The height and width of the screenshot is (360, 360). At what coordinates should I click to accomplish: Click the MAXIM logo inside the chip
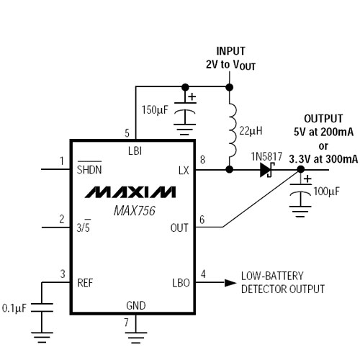tap(130, 192)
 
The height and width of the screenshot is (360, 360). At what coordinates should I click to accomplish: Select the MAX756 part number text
tap(135, 211)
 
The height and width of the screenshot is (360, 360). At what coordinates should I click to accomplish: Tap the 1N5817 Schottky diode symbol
tap(267, 170)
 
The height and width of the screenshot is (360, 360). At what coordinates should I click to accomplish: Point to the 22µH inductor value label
tap(251, 131)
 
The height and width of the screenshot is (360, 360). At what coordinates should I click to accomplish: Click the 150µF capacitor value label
tap(155, 110)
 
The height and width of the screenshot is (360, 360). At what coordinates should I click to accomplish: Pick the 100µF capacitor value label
tap(327, 192)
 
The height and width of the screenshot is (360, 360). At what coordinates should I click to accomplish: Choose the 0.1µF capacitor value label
tap(14, 308)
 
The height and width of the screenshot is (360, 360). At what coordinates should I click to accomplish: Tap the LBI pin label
tap(135, 151)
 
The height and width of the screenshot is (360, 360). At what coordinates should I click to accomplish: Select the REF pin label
tap(85, 283)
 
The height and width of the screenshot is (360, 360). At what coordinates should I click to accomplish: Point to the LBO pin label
tap(181, 283)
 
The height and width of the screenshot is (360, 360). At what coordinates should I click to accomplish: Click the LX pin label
tap(184, 171)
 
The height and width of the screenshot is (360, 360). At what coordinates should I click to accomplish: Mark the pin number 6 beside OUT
tap(202, 220)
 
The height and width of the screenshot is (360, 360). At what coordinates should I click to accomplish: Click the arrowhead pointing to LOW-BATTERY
tap(230, 283)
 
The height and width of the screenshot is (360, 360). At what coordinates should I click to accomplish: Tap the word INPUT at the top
tap(230, 51)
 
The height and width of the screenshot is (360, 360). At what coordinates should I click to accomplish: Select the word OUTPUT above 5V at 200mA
tap(323, 119)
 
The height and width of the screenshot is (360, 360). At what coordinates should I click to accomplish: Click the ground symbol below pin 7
tap(135, 338)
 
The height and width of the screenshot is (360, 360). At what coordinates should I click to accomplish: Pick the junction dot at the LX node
tap(230, 170)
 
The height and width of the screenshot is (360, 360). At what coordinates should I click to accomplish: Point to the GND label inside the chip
tap(136, 305)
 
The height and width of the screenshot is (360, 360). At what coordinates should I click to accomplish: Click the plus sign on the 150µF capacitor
tap(192, 96)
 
